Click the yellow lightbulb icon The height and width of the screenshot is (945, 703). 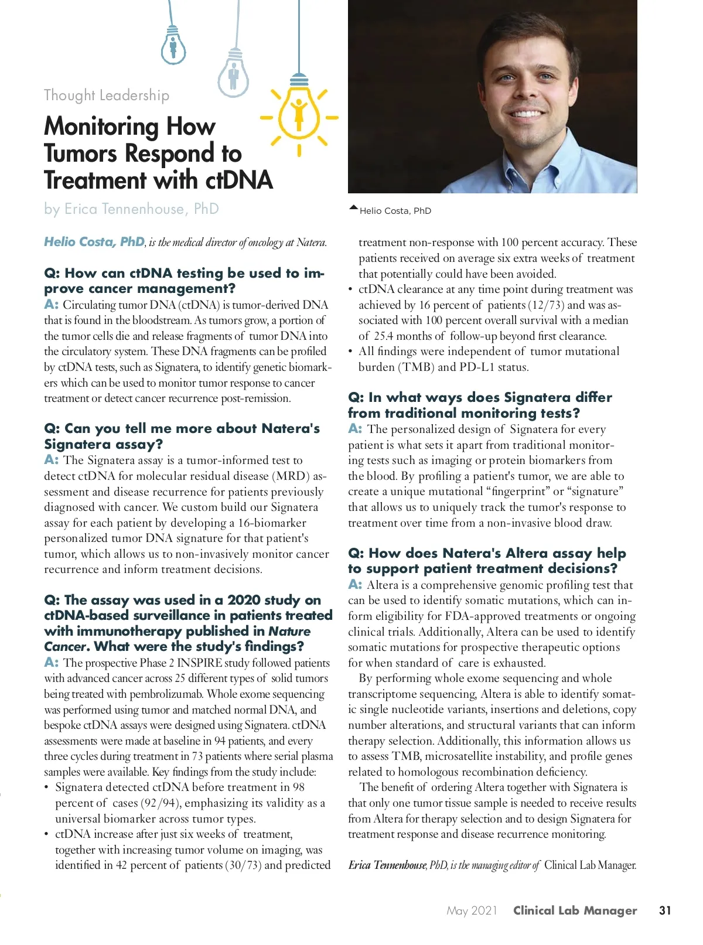[x=299, y=111]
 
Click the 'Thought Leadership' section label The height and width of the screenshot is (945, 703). [x=107, y=95]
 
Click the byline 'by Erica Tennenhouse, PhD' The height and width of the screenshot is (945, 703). [x=131, y=209]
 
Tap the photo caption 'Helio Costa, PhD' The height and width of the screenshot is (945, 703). [x=395, y=211]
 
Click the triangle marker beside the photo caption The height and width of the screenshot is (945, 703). [x=353, y=207]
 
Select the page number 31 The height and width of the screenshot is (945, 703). [x=665, y=910]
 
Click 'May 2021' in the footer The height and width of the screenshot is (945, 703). [x=472, y=910]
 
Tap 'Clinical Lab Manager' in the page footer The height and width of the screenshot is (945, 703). [x=575, y=910]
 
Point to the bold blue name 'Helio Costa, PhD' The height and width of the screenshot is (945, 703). [x=94, y=242]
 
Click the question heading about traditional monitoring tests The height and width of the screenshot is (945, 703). [x=480, y=405]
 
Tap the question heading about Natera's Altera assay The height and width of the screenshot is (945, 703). [x=487, y=561]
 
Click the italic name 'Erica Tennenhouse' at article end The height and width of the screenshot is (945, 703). [x=387, y=865]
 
